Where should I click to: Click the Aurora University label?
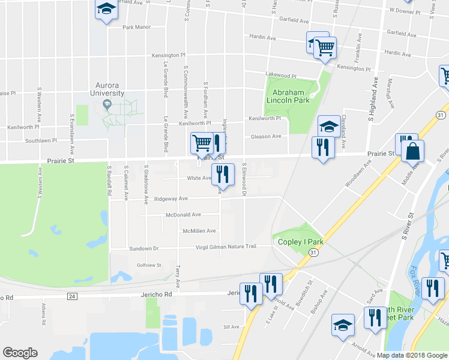107,89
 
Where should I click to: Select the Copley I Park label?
301,242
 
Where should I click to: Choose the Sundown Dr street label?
143,248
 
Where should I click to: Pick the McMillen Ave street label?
199,231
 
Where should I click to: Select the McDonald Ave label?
184,214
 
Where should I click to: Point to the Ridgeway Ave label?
171,199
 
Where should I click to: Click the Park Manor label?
136,27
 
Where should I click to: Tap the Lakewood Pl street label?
282,76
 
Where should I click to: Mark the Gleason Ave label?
267,136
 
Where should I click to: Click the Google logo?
20,353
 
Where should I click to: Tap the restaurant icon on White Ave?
223,175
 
